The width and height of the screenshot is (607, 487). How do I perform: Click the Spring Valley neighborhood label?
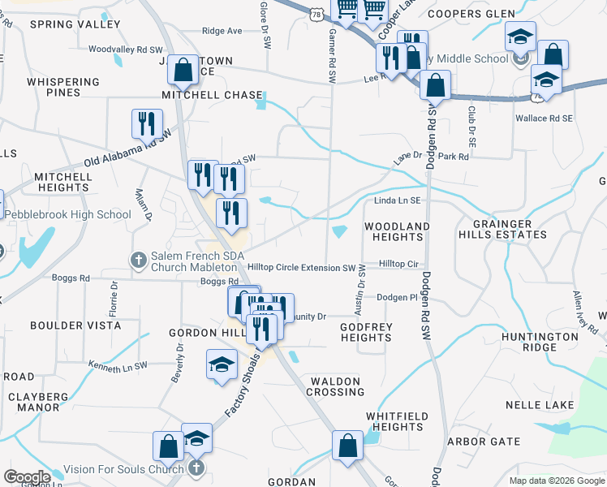tap(63, 24)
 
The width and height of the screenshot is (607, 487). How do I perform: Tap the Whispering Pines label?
tap(63, 88)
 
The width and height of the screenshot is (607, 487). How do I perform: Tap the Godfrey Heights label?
tap(366, 332)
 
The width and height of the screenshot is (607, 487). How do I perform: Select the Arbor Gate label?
tap(484, 442)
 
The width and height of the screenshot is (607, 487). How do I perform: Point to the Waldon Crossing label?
tap(334, 386)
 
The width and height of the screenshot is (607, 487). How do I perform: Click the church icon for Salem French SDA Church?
tap(138, 260)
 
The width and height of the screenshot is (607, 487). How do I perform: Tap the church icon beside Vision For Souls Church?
tap(196, 468)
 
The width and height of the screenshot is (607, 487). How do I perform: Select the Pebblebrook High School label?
tap(68, 214)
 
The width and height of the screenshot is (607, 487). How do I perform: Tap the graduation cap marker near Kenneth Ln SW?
tap(221, 364)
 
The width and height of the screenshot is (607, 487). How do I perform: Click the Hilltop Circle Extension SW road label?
tap(302, 268)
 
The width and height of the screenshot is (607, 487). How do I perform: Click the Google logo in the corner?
tap(27, 477)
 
